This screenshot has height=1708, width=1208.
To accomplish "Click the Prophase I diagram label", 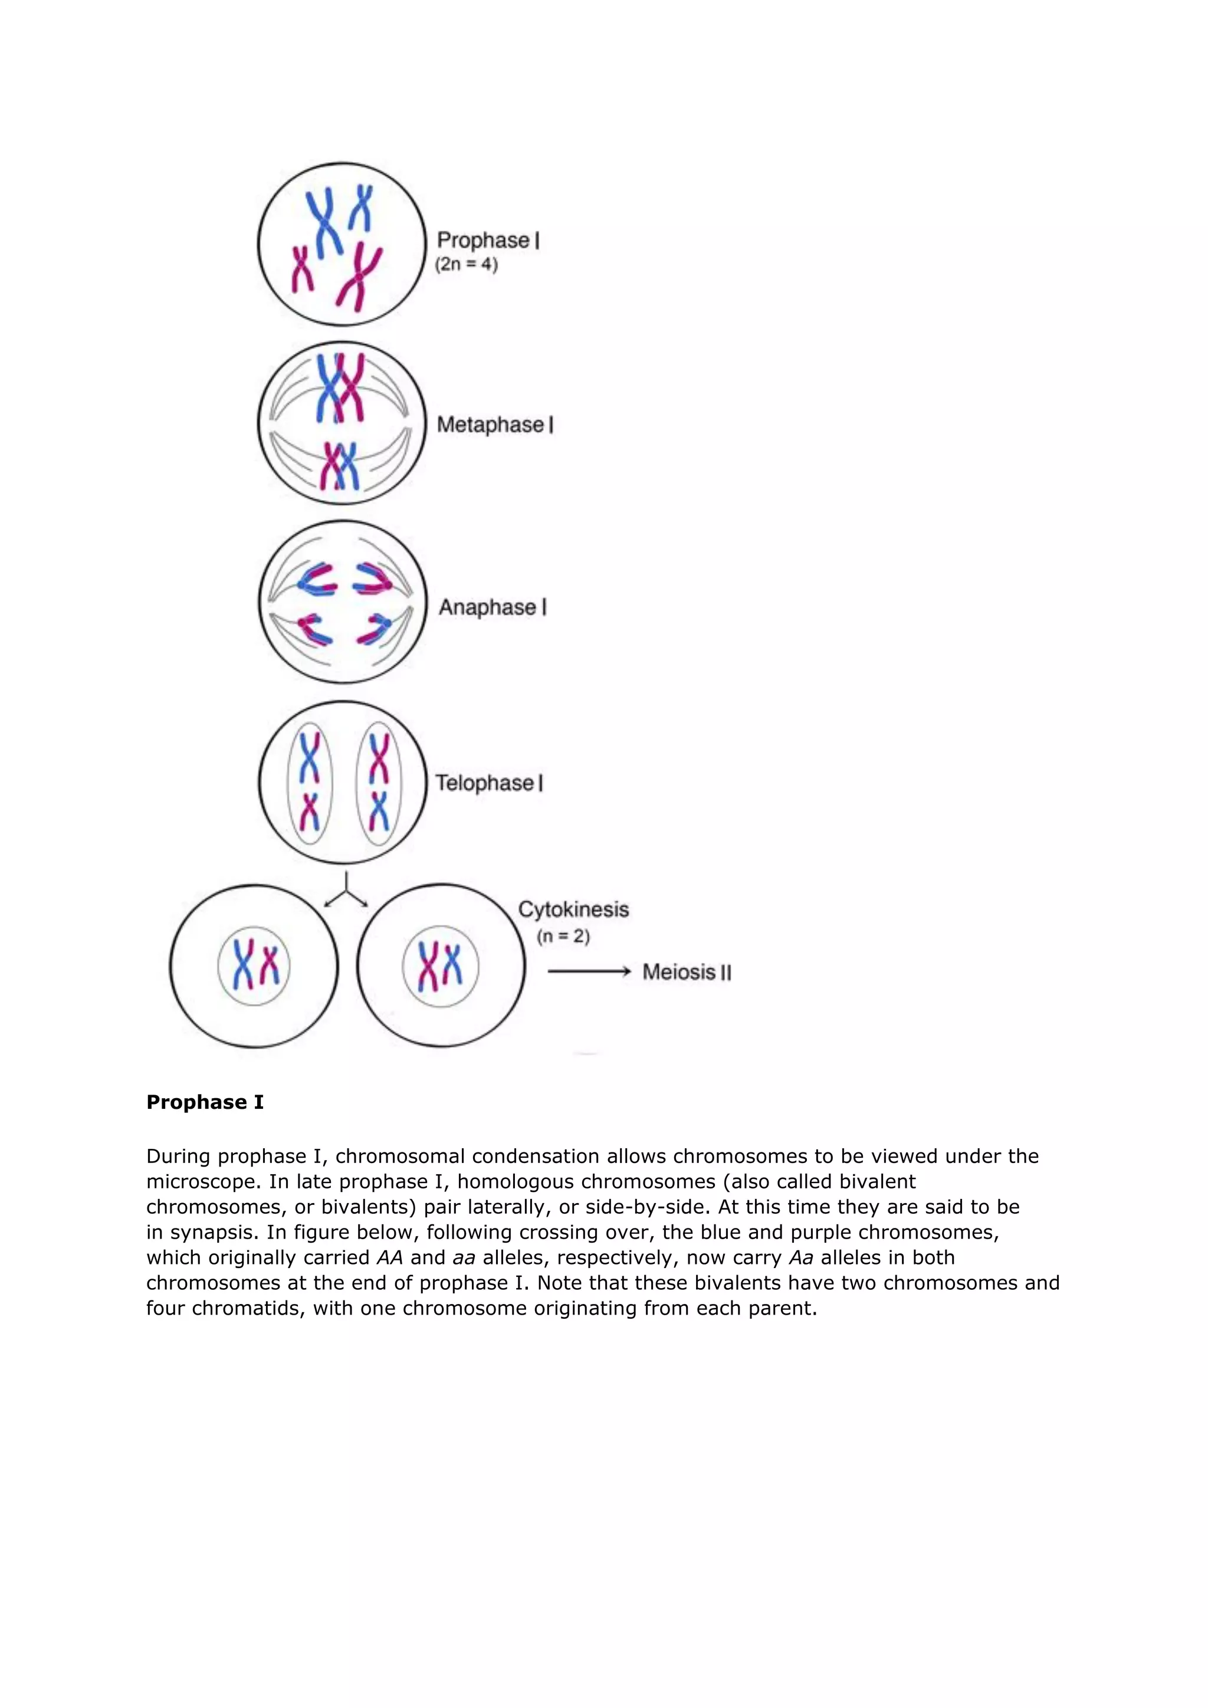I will pos(488,240).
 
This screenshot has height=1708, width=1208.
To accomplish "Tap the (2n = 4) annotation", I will pos(467,264).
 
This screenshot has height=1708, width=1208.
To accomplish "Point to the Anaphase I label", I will pos(493,607).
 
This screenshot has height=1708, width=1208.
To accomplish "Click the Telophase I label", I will pos(489,783).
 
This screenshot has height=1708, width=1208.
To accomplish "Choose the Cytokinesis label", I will pos(573,909).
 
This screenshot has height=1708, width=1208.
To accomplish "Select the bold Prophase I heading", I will pos(205,1102).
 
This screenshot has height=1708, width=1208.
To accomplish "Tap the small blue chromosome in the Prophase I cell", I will pos(362,208).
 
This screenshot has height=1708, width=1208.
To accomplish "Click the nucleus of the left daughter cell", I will pos(254,965).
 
